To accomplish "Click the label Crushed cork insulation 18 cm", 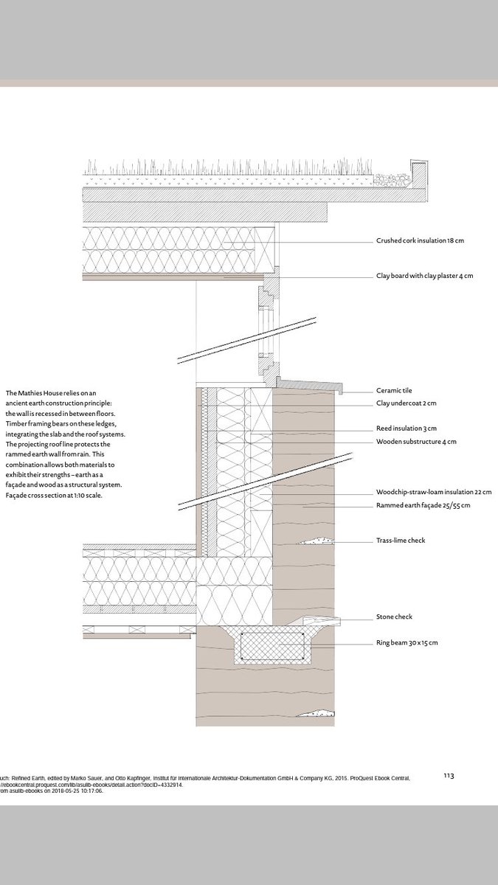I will [x=420, y=241].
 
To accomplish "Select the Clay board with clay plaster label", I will [x=424, y=276].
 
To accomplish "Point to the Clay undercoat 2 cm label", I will [x=407, y=404].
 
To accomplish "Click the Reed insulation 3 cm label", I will [x=406, y=428].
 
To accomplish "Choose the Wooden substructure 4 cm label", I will [x=416, y=442].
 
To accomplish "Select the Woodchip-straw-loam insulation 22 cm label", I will [x=433, y=492].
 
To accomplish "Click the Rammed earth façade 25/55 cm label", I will [x=423, y=505].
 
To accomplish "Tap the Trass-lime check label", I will [x=401, y=541].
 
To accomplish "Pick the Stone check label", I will [x=394, y=617].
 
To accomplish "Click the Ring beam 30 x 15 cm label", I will [x=407, y=643].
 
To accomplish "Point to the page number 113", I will [x=449, y=775].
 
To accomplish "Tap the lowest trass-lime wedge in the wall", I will [x=316, y=713].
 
